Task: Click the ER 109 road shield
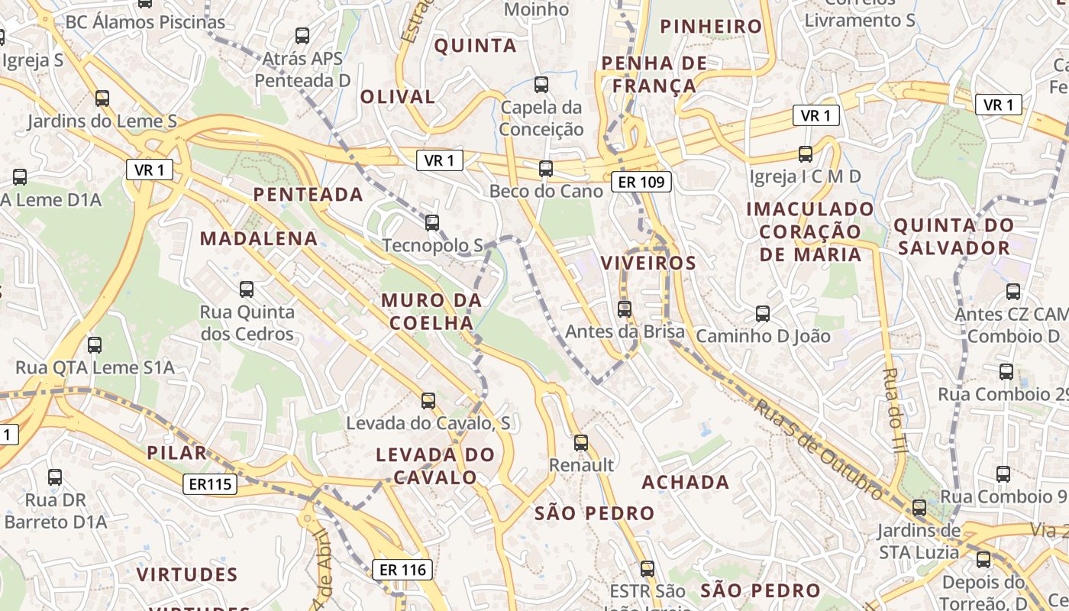click(x=641, y=181)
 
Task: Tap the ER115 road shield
click(x=210, y=483)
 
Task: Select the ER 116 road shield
click(x=402, y=569)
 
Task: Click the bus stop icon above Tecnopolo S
click(x=432, y=223)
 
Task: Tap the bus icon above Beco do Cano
click(x=546, y=169)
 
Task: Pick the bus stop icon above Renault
click(x=581, y=443)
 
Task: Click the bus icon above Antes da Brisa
click(x=625, y=309)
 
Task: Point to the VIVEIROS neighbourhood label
click(x=648, y=263)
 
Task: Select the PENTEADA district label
click(x=308, y=194)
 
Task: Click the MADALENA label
click(x=259, y=238)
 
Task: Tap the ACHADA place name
click(x=686, y=482)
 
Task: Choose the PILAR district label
click(x=177, y=452)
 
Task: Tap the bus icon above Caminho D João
click(x=762, y=313)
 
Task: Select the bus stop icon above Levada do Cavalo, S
click(x=428, y=401)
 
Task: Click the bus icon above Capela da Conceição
click(x=541, y=85)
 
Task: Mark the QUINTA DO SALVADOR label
click(x=954, y=237)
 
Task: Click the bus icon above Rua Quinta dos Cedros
click(x=247, y=289)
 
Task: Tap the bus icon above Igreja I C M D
click(x=806, y=154)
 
